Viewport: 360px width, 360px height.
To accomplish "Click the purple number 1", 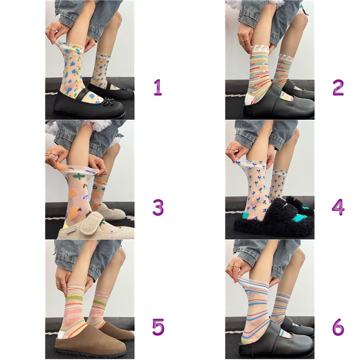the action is [x=158, y=87].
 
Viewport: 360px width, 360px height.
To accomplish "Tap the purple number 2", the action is [x=338, y=87].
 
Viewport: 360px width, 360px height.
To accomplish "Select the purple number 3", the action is [x=158, y=207].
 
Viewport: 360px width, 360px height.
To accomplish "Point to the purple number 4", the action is [x=338, y=207].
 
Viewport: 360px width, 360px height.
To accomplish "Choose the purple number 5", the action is [x=158, y=327].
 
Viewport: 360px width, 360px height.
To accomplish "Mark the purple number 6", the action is [x=338, y=327].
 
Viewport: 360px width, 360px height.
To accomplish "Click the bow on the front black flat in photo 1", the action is [x=109, y=102].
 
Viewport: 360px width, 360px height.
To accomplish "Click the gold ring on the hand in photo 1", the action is [x=51, y=29].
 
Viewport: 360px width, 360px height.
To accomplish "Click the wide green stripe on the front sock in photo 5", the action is [x=74, y=299].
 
